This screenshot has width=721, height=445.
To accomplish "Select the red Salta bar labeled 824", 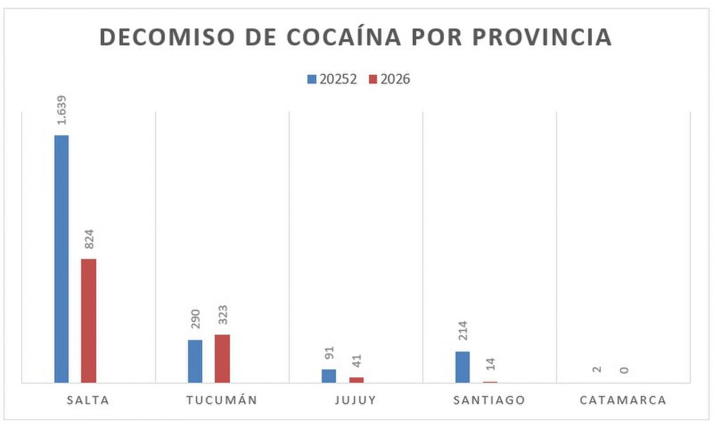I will [x=88, y=320].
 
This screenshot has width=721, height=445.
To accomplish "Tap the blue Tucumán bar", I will [x=195, y=361].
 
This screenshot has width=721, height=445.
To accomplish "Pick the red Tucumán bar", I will [x=222, y=359].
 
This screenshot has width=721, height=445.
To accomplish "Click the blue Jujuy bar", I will [x=329, y=376].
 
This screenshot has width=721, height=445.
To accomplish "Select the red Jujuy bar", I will [x=356, y=380].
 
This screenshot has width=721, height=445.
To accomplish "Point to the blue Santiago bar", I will [x=463, y=367].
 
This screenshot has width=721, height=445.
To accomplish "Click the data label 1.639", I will [x=62, y=110].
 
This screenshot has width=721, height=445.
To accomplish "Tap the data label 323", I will [x=223, y=315].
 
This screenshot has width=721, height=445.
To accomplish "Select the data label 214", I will [x=463, y=331].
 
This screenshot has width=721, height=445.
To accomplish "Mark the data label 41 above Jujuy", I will [x=356, y=361].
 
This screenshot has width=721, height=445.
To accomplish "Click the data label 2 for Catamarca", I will [x=597, y=369].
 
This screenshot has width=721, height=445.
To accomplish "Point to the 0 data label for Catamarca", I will [x=624, y=369].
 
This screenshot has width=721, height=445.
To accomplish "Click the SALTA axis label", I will [x=88, y=400].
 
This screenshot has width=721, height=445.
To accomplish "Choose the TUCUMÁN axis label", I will [x=222, y=400].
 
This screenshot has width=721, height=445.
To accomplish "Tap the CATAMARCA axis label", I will [x=623, y=400].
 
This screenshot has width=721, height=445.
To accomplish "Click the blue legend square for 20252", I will [x=312, y=80].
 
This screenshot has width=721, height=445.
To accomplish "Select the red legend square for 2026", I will [x=373, y=80].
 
